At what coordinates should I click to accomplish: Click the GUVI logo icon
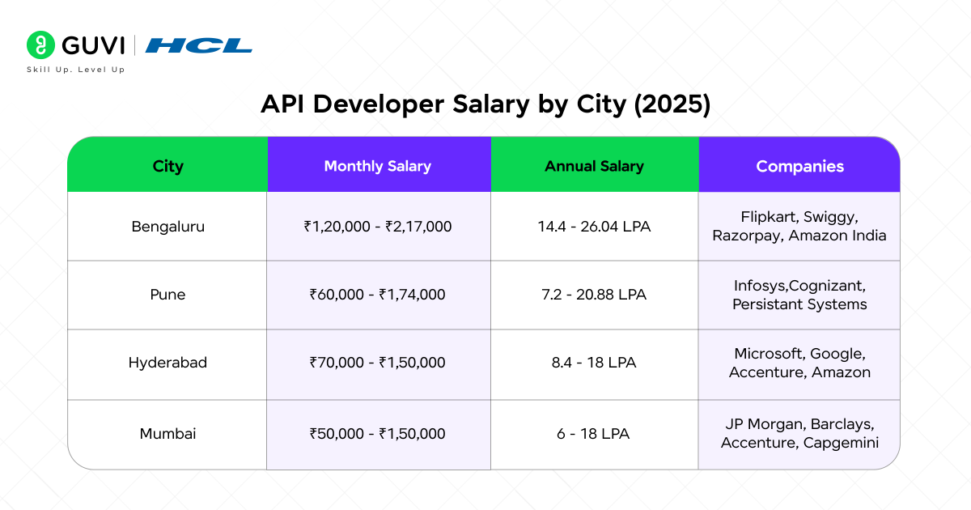40,45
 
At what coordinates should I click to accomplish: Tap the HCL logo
198,45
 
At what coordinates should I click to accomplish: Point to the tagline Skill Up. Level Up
76,70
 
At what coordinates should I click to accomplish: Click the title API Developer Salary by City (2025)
485,104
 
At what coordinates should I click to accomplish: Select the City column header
167,166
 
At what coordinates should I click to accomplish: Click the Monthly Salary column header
377,166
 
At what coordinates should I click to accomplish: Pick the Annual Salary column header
594,166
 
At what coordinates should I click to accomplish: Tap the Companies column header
799,166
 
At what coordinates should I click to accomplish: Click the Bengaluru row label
167,227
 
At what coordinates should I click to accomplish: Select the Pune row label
167,295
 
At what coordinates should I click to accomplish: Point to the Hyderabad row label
167,363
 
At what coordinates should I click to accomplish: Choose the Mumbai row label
167,434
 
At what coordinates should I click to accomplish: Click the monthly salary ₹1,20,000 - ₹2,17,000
377,227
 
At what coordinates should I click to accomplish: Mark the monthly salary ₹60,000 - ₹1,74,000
377,295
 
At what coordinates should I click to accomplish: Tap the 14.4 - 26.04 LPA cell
594,227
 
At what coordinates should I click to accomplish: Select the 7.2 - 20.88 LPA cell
594,295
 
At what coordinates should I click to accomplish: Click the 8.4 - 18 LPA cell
594,363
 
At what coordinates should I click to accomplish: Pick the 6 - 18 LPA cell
594,434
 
